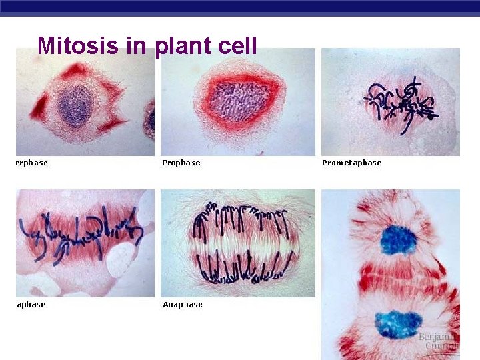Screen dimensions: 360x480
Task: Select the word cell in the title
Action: pos(237,45)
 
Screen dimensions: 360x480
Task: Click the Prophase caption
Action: pos(181,163)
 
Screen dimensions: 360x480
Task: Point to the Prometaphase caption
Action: pos(351,163)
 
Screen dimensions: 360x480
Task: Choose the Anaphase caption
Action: pos(183,305)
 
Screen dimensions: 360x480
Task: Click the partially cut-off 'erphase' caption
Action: pos(31,163)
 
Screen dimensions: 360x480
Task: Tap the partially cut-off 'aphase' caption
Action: pos(31,305)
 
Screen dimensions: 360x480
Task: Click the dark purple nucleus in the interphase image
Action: pos(76,105)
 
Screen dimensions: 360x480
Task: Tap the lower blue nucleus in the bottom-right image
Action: pos(397,324)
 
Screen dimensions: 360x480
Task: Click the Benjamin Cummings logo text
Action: pos(438,342)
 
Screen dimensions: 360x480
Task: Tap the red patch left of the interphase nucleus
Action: pos(38,108)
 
